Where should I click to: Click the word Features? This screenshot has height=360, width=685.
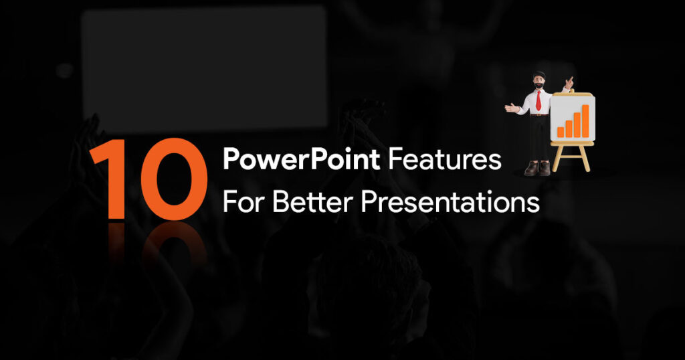pyautogui.click(x=445, y=159)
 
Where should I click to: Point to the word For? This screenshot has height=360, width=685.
pyautogui.click(x=244, y=201)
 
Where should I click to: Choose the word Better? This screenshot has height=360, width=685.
pyautogui.click(x=313, y=201)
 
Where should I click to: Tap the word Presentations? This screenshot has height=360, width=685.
pyautogui.click(x=450, y=203)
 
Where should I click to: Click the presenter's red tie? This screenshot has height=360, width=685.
pyautogui.click(x=539, y=100)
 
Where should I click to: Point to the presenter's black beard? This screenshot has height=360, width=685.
pyautogui.click(x=540, y=85)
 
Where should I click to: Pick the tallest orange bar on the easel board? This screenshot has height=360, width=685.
pyautogui.click(x=585, y=120)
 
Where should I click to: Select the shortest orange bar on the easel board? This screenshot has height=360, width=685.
pyautogui.click(x=561, y=132)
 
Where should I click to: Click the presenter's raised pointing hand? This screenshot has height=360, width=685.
pyautogui.click(x=569, y=82)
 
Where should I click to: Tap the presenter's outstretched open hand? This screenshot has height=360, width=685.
pyautogui.click(x=510, y=108)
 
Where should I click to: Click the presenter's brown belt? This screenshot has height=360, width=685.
pyautogui.click(x=540, y=115)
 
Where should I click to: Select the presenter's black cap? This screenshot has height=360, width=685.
pyautogui.click(x=539, y=74)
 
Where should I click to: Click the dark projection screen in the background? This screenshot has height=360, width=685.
pyautogui.click(x=205, y=69)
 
